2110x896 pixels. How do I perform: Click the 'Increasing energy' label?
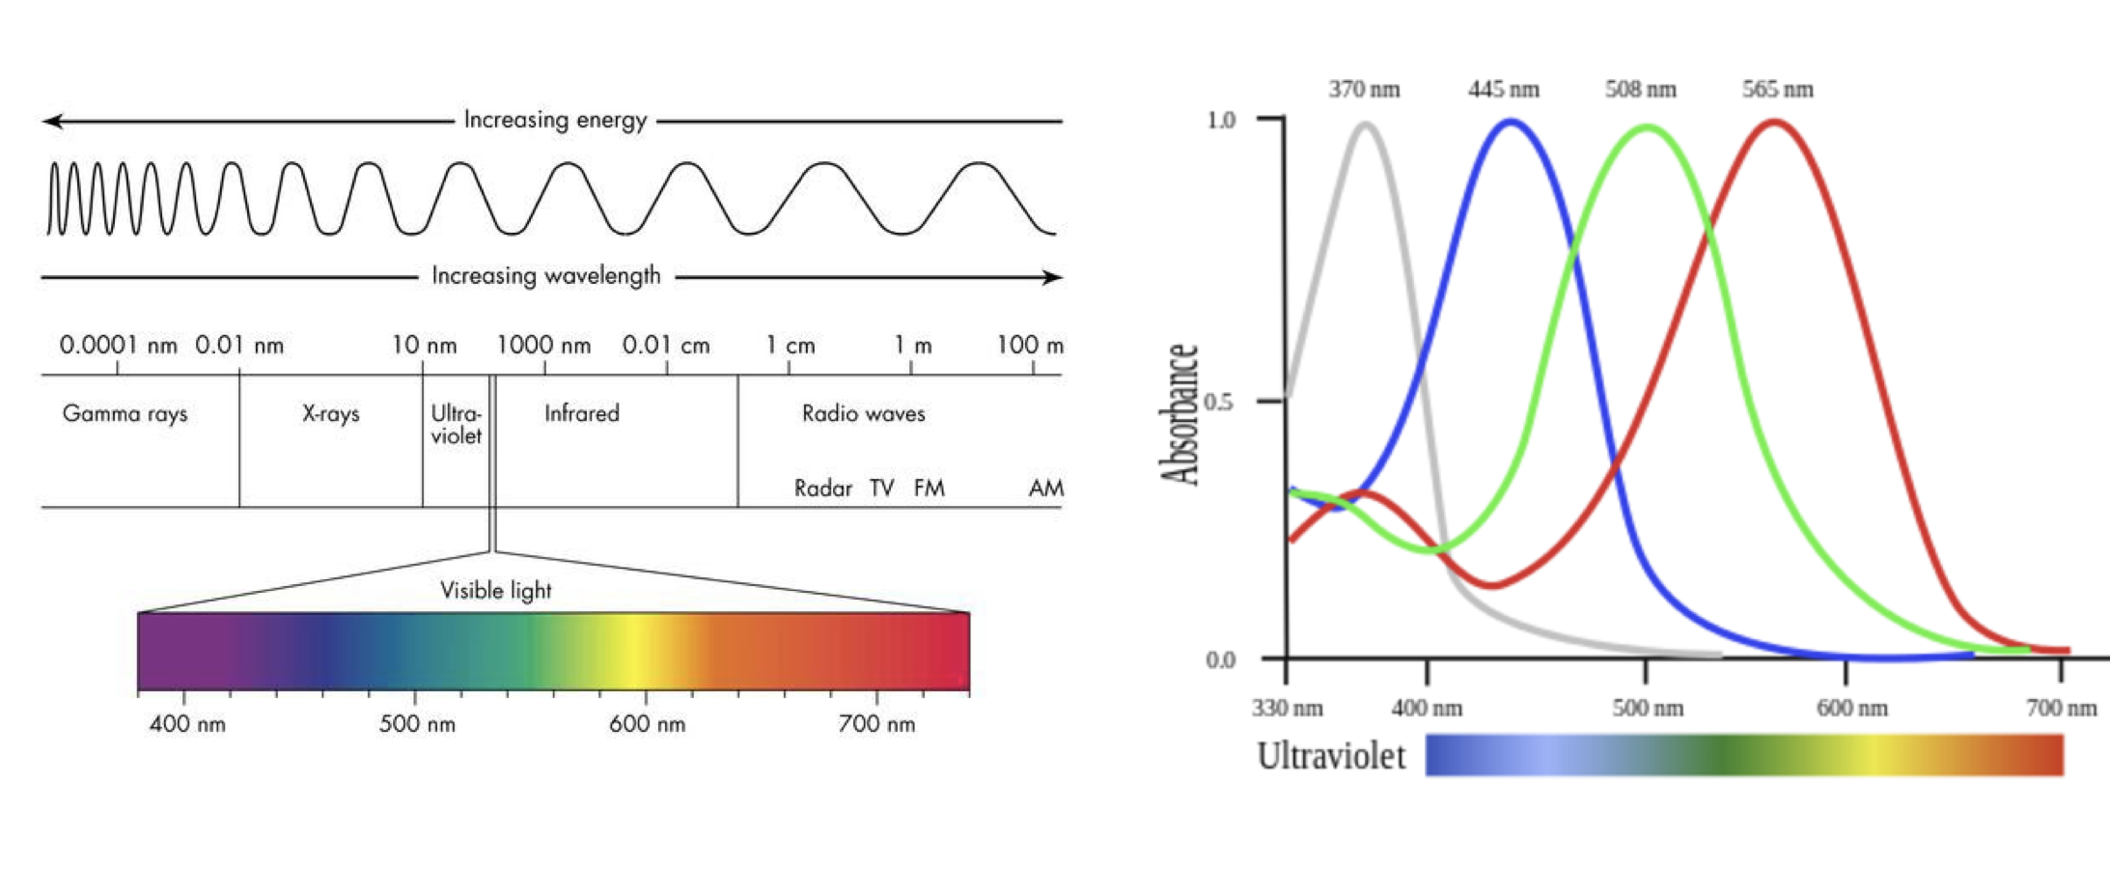click(x=555, y=120)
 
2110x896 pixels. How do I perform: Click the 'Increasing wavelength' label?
click(x=545, y=276)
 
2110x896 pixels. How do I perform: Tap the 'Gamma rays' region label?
click(x=125, y=414)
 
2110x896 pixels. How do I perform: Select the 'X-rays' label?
click(x=330, y=414)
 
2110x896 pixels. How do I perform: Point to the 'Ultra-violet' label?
click(x=456, y=425)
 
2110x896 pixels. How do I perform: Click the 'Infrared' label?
click(x=581, y=414)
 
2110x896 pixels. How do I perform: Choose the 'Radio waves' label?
click(x=863, y=414)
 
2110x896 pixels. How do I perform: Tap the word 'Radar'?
click(x=822, y=489)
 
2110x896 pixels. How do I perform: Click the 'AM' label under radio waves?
click(x=1045, y=489)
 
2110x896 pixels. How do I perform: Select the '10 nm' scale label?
click(x=424, y=346)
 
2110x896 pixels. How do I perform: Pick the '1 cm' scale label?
click(x=790, y=346)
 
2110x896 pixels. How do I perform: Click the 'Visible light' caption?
click(x=495, y=590)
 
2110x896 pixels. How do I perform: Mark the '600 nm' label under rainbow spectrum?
click(x=647, y=724)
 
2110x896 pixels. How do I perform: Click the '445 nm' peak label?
click(x=1503, y=90)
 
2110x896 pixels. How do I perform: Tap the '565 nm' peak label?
click(x=1777, y=90)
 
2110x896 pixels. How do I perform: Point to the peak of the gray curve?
click(x=1366, y=124)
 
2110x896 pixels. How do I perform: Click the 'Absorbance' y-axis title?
click(x=1180, y=415)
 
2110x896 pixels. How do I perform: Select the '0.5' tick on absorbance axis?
click(x=1219, y=402)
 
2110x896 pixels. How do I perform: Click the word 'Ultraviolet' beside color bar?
click(x=1330, y=756)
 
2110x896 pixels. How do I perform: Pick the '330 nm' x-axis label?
click(x=1287, y=709)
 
